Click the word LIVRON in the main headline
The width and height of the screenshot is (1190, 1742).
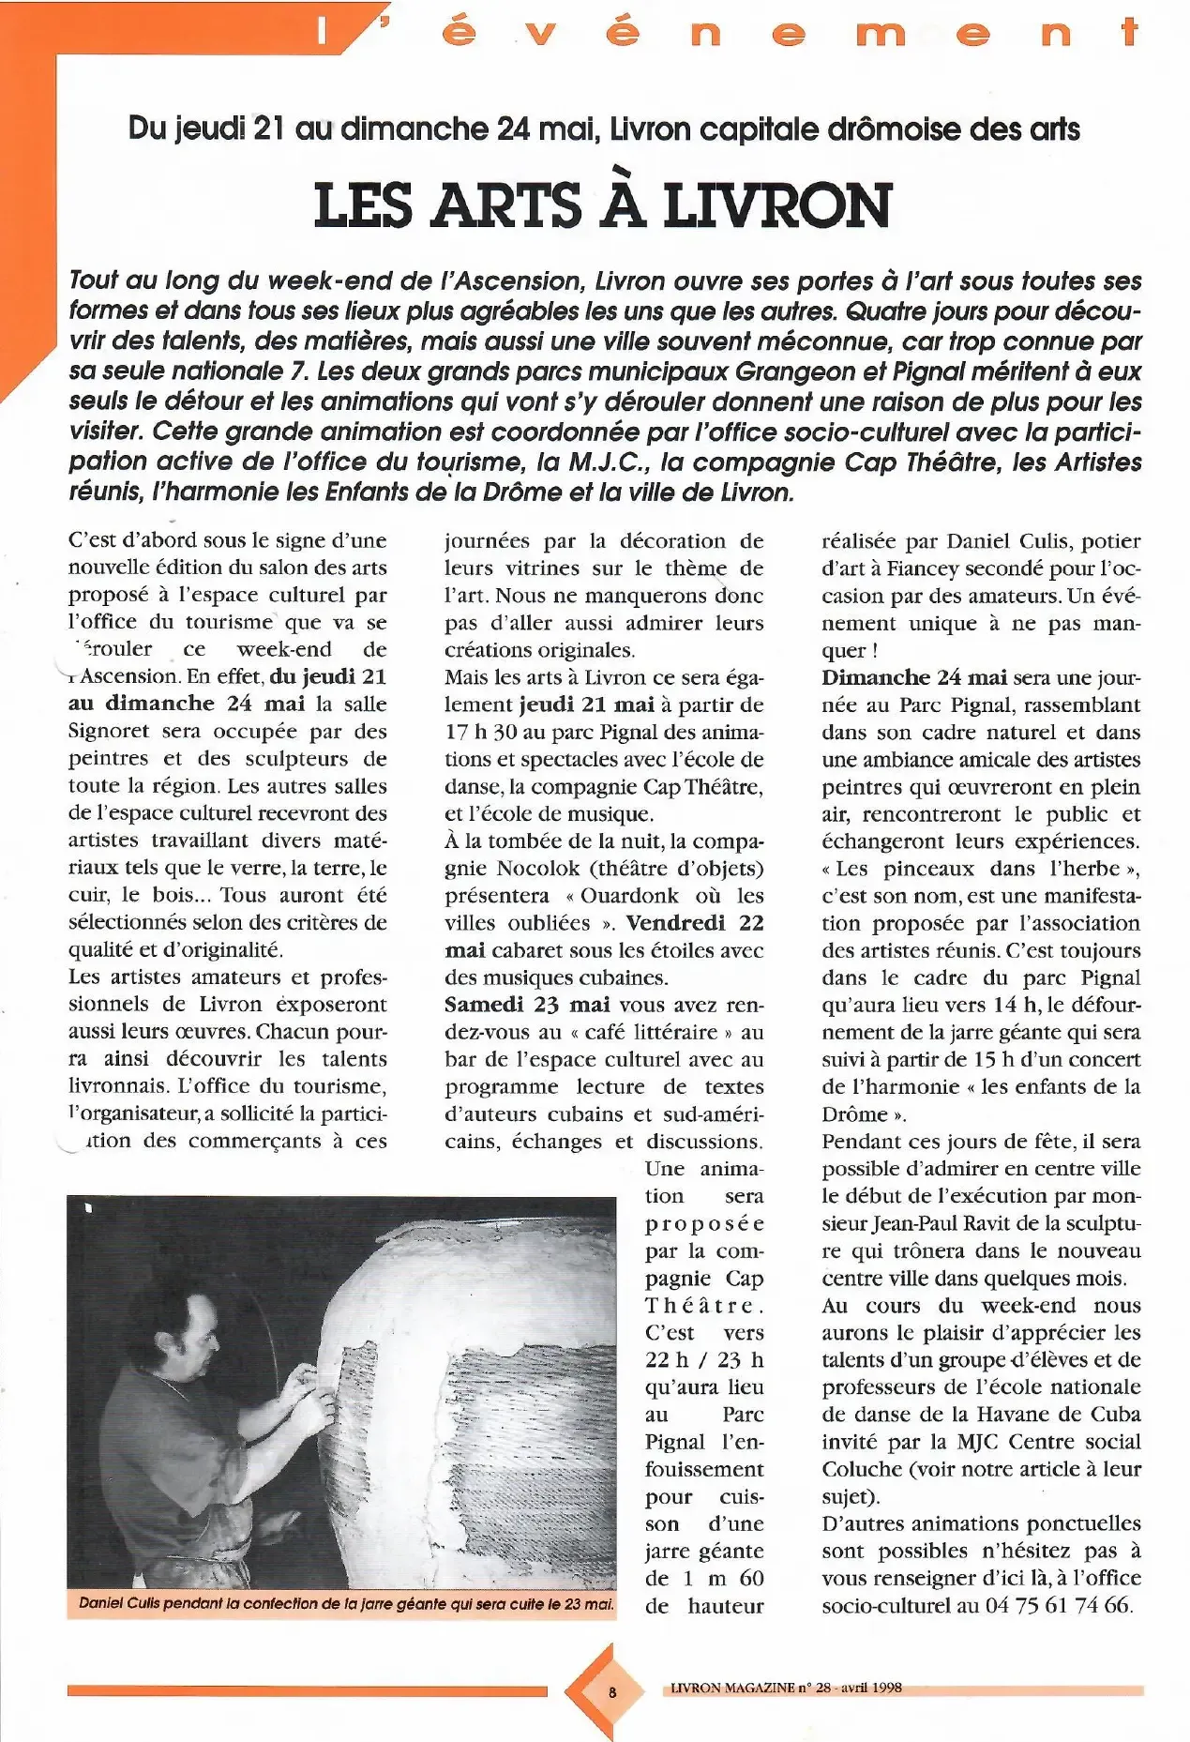click(x=776, y=204)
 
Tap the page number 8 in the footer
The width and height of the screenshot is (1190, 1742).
click(x=611, y=1692)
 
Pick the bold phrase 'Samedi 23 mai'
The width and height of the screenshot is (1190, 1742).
click(x=527, y=1005)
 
